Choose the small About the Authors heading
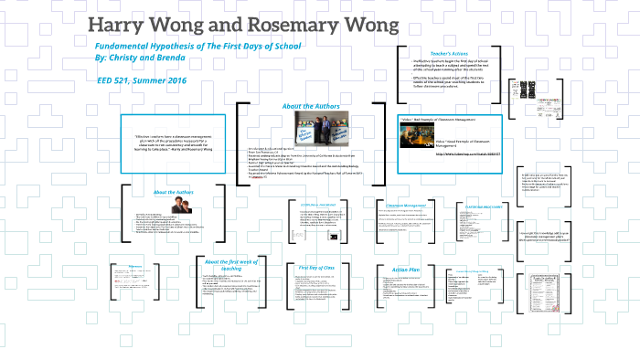tap(174, 192)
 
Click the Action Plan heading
tap(405, 270)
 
